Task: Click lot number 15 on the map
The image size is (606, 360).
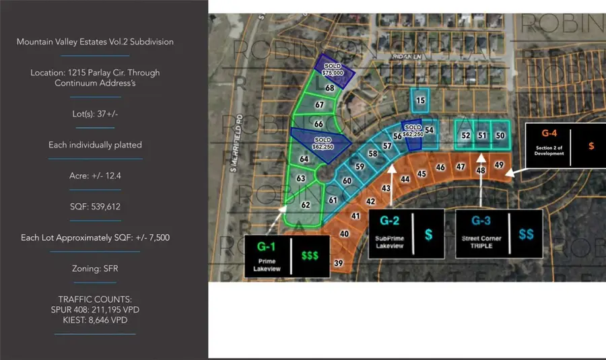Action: [x=421, y=101]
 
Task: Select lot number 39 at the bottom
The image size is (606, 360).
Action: [x=338, y=263]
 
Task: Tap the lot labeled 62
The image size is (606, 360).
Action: [x=305, y=205]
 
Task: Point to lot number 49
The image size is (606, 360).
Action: [x=498, y=165]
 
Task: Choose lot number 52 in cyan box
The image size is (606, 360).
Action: [x=465, y=135]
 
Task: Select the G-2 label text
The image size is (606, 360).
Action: [x=391, y=220]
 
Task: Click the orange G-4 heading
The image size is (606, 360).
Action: [x=549, y=135]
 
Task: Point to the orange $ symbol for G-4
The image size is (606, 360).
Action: [x=591, y=145]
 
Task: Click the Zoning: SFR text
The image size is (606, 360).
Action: [x=95, y=268]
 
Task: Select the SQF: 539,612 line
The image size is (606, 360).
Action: [x=95, y=207]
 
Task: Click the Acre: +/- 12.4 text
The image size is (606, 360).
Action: [x=95, y=176]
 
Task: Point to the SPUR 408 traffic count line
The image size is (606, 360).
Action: [x=95, y=310]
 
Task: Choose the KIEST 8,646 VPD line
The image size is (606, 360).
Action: [x=95, y=320]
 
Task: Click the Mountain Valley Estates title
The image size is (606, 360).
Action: [x=95, y=42]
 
